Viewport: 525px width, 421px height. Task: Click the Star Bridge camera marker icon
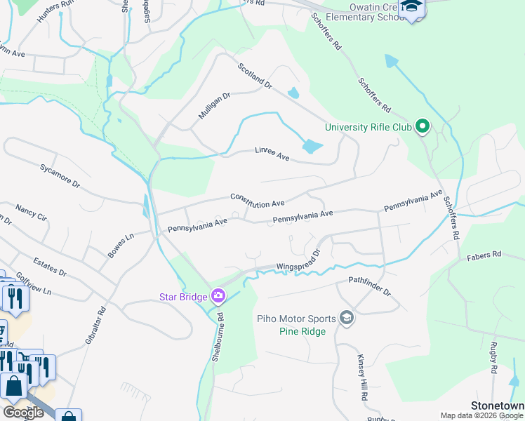(x=218, y=296)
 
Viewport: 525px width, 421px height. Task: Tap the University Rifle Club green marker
(x=422, y=127)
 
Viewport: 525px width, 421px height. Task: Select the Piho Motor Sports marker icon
(x=345, y=319)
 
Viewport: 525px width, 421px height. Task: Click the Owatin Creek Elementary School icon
(x=413, y=8)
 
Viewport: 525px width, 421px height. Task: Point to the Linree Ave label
(x=272, y=154)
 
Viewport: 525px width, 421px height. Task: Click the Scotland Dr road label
(x=254, y=76)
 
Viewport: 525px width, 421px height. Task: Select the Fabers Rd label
(x=484, y=255)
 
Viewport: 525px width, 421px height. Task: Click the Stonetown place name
(x=498, y=406)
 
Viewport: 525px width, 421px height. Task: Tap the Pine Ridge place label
(x=302, y=331)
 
